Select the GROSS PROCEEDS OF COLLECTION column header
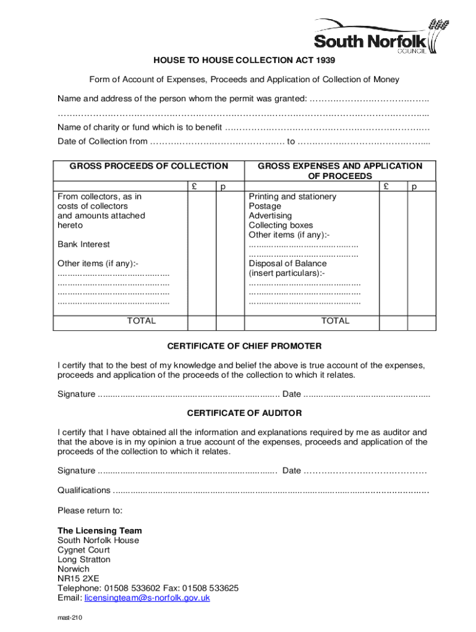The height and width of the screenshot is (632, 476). pyautogui.click(x=148, y=166)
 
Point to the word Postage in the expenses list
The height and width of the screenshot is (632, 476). pyautogui.click(x=265, y=206)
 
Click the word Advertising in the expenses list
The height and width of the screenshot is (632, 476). pyautogui.click(x=270, y=215)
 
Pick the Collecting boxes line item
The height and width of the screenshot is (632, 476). pyautogui.click(x=281, y=225)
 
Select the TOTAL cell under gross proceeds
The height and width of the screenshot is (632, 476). pyautogui.click(x=142, y=321)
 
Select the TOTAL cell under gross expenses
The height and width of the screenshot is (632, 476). pyautogui.click(x=335, y=321)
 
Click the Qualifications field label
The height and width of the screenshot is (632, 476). pyautogui.click(x=84, y=490)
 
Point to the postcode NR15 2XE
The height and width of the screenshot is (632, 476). pyautogui.click(x=78, y=578)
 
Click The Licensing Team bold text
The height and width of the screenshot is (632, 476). pyautogui.click(x=100, y=531)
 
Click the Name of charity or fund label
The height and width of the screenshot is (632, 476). pyautogui.click(x=140, y=128)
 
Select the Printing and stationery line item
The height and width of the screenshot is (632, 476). pyautogui.click(x=292, y=196)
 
